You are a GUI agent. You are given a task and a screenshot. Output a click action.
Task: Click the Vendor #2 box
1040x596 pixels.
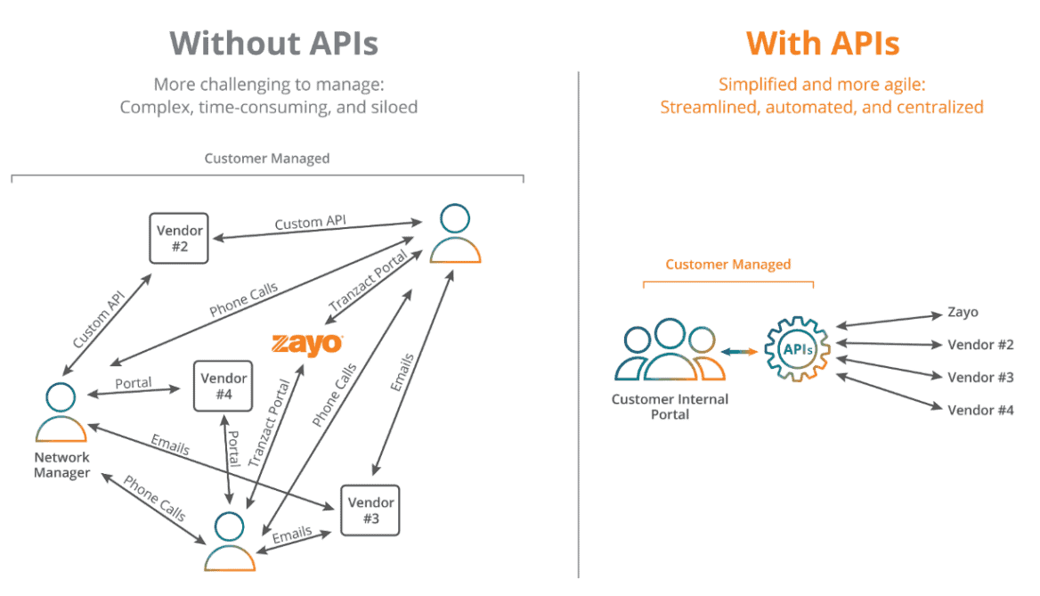coord(179,238)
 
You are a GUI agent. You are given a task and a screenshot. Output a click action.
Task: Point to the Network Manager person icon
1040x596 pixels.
coord(61,413)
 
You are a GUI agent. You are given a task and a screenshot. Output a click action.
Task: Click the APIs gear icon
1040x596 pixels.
coord(797,350)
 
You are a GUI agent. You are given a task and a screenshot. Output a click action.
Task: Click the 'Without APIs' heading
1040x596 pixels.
coord(273,43)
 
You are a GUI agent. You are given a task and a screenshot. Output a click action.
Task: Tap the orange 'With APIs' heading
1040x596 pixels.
coord(822,43)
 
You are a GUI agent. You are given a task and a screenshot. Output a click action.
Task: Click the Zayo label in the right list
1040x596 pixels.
coord(963,313)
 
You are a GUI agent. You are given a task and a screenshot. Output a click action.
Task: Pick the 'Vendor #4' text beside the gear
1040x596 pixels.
coord(980,410)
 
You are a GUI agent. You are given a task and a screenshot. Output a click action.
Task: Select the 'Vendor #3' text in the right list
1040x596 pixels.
coord(980,377)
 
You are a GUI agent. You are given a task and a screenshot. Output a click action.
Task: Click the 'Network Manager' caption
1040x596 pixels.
coord(61,465)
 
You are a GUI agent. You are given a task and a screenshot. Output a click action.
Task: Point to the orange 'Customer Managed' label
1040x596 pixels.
coord(727,265)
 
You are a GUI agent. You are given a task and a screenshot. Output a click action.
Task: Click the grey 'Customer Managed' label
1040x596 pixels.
coord(267,159)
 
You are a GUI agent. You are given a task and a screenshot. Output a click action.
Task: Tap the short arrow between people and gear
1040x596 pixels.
coord(739,351)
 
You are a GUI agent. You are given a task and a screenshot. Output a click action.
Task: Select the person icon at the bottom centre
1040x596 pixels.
coord(230,541)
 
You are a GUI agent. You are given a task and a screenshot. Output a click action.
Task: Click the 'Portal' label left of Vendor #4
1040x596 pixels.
coord(134,383)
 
